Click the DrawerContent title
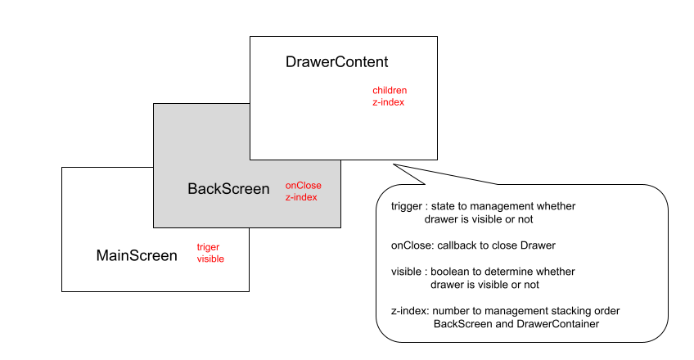336,62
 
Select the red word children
390,90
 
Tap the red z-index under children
388,102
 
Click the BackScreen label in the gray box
228,189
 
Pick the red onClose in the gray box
303,185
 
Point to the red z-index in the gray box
301,197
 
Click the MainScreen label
137,255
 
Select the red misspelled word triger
208,246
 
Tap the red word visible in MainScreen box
210,259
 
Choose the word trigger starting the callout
407,206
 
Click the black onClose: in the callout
411,245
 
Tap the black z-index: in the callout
410,311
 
